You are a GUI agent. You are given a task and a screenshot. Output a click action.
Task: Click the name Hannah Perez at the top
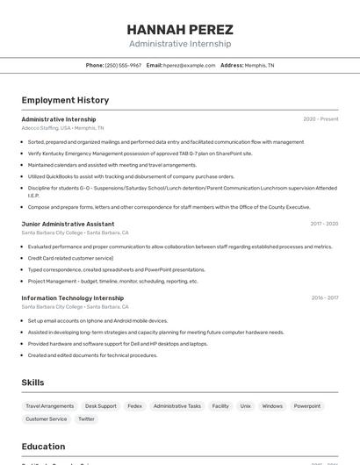click(180, 29)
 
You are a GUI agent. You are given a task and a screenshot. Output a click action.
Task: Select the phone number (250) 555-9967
click(123, 65)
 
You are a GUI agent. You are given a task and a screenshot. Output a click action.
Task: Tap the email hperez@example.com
click(189, 65)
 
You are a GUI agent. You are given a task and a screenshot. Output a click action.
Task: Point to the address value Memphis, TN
click(259, 65)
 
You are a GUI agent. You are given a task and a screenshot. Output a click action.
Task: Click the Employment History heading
click(65, 100)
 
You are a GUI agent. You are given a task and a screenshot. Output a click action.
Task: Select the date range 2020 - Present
click(320, 119)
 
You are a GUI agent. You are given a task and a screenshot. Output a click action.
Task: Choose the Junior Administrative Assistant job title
click(68, 224)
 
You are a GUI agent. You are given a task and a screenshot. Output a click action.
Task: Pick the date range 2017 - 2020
click(324, 224)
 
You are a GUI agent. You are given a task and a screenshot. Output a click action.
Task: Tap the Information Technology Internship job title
click(72, 297)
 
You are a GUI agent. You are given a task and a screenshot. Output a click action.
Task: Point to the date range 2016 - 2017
click(325, 297)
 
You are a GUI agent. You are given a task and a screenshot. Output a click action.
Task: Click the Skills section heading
click(33, 383)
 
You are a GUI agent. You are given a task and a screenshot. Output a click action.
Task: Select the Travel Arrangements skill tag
click(50, 406)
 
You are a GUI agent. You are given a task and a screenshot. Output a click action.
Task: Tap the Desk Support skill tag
click(101, 406)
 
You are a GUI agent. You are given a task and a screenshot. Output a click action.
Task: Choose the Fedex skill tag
click(134, 406)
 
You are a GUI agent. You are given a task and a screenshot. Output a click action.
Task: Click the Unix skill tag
click(246, 406)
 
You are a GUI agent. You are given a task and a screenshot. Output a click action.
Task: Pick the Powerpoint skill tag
click(307, 406)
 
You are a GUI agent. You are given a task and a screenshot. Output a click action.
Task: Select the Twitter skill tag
click(86, 419)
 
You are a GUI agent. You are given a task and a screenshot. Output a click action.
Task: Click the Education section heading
click(43, 447)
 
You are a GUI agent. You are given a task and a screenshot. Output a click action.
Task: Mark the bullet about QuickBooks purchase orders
click(132, 176)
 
